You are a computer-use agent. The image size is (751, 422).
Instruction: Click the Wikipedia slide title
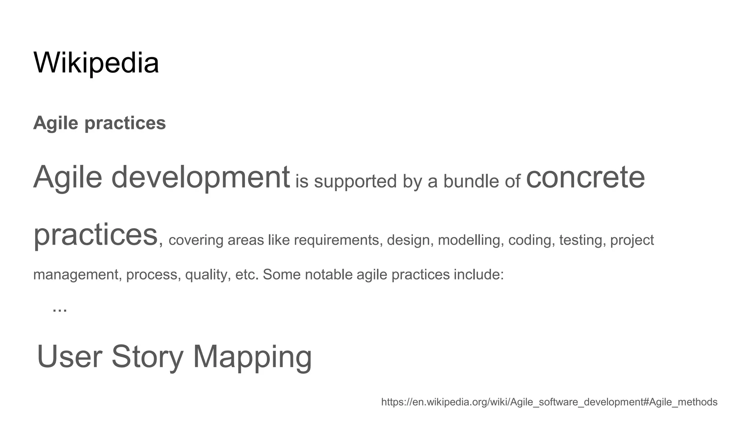point(96,63)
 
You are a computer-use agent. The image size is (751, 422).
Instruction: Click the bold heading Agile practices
point(99,123)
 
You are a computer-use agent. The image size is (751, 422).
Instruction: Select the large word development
point(200,177)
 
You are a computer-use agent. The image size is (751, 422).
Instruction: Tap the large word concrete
point(585,177)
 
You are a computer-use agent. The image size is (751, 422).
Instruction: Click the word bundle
point(471,181)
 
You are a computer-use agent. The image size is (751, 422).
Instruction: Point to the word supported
point(355,181)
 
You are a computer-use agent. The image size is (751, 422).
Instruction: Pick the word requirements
point(336,240)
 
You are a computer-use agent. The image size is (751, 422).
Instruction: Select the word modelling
point(469,240)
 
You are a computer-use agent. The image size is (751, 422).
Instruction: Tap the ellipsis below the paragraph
point(60,309)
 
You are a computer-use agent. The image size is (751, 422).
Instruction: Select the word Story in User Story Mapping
point(147,357)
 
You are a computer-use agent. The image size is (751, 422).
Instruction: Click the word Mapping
point(252,357)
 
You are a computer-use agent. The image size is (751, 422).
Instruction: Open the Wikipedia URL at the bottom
point(549,402)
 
